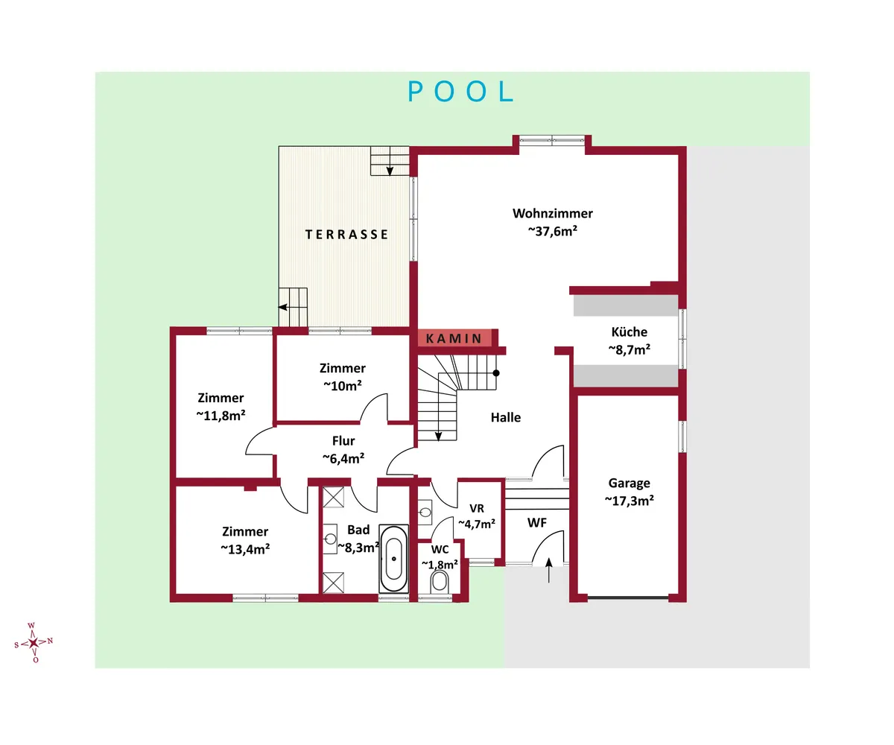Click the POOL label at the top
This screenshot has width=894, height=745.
[x=460, y=91]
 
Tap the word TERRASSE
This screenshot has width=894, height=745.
[x=347, y=234]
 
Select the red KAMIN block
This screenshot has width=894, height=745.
[x=454, y=338]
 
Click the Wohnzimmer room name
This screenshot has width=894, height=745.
[x=552, y=213]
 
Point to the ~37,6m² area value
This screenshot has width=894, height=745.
[x=552, y=231]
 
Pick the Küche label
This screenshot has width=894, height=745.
[x=629, y=332]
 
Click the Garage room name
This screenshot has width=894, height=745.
[x=629, y=483]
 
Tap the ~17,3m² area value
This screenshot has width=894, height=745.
[x=629, y=501]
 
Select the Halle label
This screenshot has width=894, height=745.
[x=506, y=417]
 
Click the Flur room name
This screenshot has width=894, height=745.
[x=343, y=440]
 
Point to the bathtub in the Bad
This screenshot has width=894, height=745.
[x=393, y=559]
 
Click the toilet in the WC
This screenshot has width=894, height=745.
[x=440, y=583]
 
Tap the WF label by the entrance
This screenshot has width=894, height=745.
[x=537, y=523]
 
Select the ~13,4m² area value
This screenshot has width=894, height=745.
[x=245, y=549]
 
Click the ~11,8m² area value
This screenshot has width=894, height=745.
[x=221, y=415]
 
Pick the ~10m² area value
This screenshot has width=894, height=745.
[x=343, y=386]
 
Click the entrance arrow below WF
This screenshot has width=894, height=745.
[x=549, y=570]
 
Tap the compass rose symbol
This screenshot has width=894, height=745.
[x=34, y=642]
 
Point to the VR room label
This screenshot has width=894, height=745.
[x=477, y=508]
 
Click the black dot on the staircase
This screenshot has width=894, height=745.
[x=496, y=373]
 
